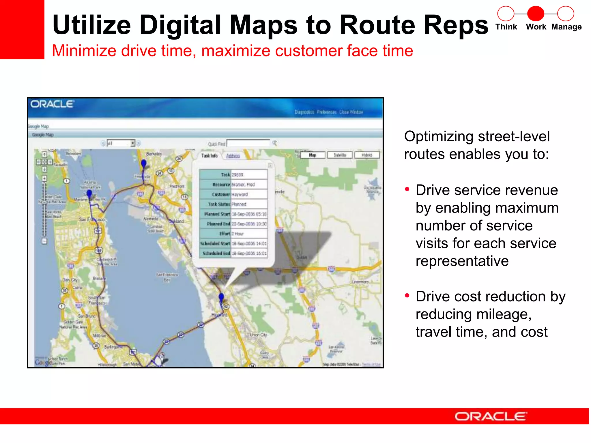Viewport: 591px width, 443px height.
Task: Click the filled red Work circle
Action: (536, 14)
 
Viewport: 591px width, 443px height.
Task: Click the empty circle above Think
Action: (506, 14)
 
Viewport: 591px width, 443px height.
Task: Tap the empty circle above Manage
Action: (566, 14)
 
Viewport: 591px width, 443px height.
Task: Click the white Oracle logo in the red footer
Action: (491, 416)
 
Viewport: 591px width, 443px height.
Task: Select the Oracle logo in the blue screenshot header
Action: (52, 104)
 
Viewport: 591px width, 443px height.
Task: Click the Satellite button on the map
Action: (340, 155)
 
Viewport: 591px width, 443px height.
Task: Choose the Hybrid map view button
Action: (367, 155)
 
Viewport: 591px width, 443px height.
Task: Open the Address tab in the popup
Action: (233, 156)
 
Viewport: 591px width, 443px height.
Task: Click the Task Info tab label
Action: (209, 156)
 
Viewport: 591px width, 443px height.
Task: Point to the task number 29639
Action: (237, 175)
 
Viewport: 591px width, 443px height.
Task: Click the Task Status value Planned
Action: (239, 204)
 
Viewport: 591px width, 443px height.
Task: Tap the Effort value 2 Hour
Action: (238, 234)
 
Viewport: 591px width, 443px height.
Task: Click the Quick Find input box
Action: (248, 143)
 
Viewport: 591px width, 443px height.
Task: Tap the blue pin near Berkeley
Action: (143, 164)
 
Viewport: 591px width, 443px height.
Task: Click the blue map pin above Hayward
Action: (221, 297)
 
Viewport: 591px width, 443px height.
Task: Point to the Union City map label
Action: (258, 335)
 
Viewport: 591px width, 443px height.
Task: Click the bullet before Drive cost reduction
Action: (407, 296)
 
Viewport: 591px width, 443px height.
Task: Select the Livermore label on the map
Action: (360, 282)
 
